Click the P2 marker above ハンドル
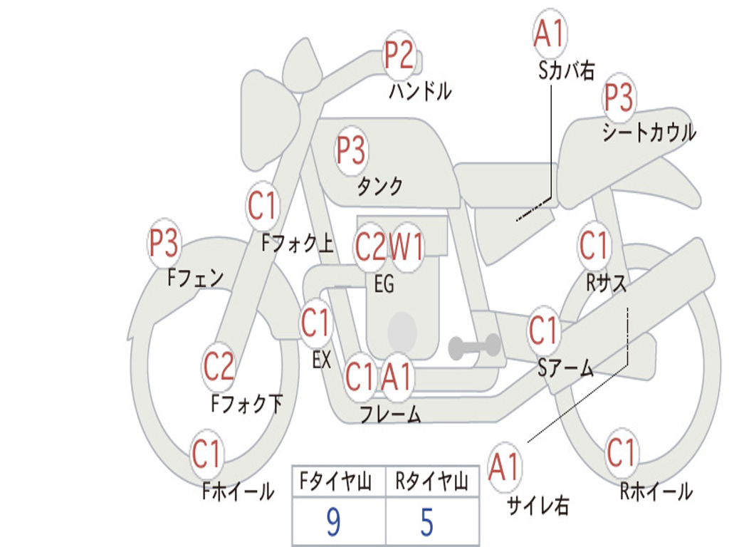click(399, 55)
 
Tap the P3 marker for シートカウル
click(619, 96)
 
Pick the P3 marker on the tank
click(351, 150)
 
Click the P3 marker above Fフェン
click(164, 242)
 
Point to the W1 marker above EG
click(406, 246)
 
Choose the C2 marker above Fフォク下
click(219, 366)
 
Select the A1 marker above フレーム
click(397, 376)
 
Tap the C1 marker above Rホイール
click(621, 452)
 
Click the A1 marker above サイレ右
click(504, 466)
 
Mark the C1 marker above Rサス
click(594, 245)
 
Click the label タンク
click(379, 186)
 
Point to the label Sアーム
click(566, 369)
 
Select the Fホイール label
click(238, 491)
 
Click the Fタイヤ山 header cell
click(339, 481)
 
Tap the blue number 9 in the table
click(333, 522)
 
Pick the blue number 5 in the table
click(427, 522)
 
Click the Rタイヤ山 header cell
click(432, 481)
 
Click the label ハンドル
click(420, 91)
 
